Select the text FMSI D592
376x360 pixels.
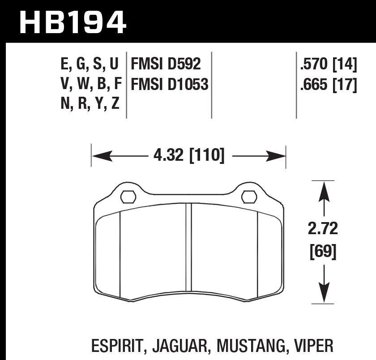click(166, 64)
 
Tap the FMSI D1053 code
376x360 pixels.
click(170, 84)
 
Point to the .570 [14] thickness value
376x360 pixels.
click(329, 64)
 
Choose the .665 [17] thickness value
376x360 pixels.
click(329, 85)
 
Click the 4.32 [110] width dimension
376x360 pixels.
click(189, 155)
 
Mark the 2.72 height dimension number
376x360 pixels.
click(323, 228)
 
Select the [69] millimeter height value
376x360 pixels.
click(323, 252)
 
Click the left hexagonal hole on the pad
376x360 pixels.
click(128, 197)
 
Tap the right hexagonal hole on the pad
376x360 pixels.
click(249, 197)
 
